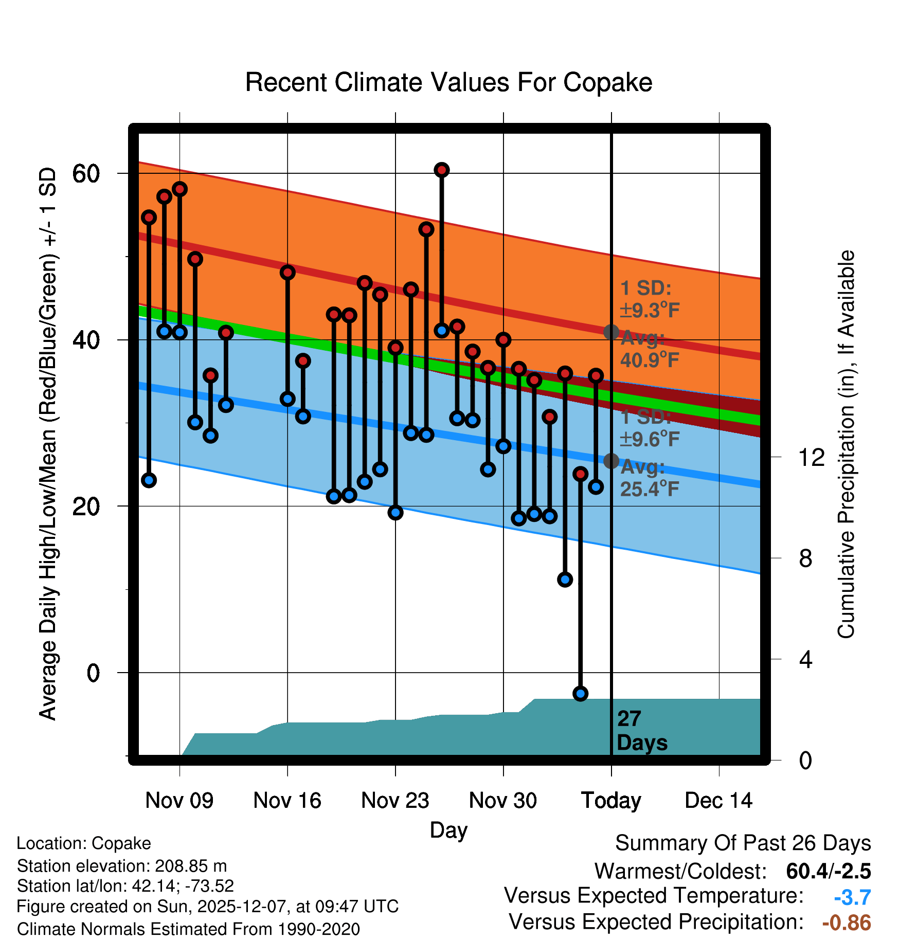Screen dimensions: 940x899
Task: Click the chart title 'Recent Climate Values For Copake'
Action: [448, 82]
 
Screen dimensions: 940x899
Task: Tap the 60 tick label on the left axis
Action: [86, 174]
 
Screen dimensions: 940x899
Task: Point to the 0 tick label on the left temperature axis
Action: [93, 673]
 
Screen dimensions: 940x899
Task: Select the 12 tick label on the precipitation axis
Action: [812, 457]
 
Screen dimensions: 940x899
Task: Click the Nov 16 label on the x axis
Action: [287, 801]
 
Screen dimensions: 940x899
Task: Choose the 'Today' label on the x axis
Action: [611, 801]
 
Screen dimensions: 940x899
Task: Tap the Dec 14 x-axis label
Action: [718, 801]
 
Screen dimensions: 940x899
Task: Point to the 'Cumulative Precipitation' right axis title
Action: [846, 445]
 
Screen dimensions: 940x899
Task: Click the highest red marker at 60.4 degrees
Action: [442, 170]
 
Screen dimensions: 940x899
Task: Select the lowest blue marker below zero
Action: [581, 694]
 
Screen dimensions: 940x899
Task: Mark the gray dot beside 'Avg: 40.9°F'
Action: [611, 332]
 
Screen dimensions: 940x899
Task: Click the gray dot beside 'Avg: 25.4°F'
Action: [611, 461]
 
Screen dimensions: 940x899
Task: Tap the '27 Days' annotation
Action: [641, 731]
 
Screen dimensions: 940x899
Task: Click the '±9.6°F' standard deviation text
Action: [649, 439]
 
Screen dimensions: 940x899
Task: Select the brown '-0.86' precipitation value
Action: [847, 923]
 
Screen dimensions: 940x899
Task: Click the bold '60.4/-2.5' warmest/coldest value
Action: [829, 871]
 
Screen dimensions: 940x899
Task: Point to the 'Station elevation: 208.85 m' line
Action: [122, 866]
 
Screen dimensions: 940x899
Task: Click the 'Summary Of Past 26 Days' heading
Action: [743, 843]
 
